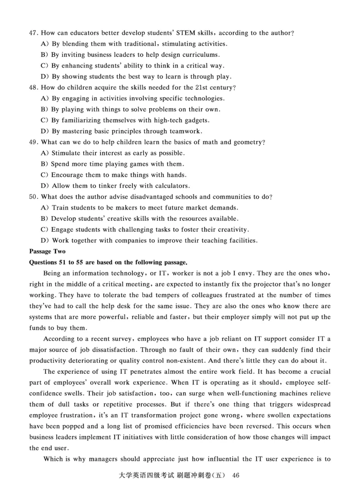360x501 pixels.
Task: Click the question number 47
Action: pos(33,33)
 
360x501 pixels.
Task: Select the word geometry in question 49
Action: pos(245,142)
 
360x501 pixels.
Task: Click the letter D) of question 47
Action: pos(45,76)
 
